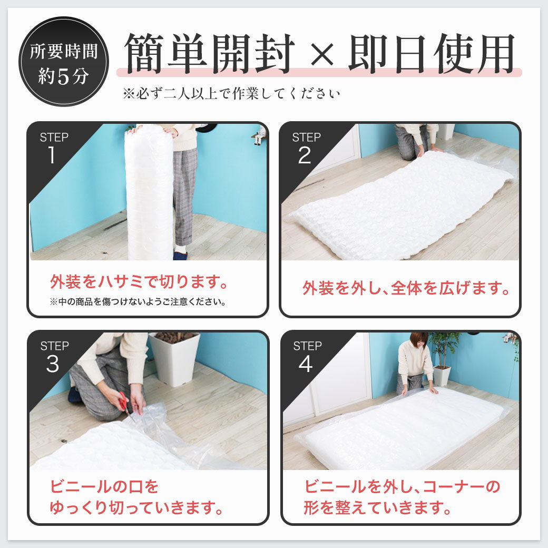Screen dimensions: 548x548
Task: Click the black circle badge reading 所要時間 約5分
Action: click(64, 61)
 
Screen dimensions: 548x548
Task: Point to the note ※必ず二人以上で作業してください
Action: click(231, 94)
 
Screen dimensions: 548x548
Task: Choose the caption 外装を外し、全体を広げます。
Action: click(406, 289)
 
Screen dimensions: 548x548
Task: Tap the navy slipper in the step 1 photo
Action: click(180, 255)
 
